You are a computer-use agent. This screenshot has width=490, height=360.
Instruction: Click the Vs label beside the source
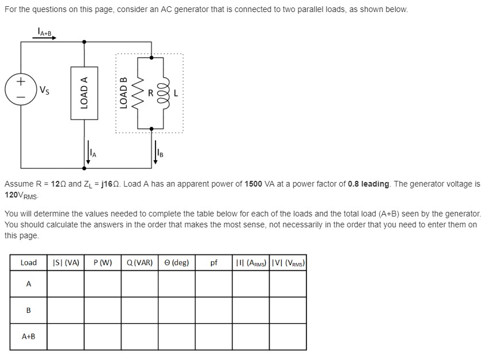pos(44,90)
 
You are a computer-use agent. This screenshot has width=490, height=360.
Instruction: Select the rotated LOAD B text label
pos(122,92)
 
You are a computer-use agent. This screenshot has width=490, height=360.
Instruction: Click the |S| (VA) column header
pos(65,262)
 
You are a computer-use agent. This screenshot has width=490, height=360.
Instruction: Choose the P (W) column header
pos(102,262)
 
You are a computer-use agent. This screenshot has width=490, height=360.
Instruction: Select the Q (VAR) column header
pos(139,262)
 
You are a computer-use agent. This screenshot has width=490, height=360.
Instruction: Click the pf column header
pos(213,262)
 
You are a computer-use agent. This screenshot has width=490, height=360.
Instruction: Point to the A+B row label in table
pos(28,336)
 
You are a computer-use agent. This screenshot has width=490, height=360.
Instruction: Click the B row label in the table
pos(28,310)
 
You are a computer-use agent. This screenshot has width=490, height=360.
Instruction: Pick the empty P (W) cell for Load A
pos(102,284)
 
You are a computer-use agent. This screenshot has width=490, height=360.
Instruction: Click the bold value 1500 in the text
pos(254,184)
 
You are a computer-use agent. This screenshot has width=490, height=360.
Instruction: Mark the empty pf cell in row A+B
pos(213,336)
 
